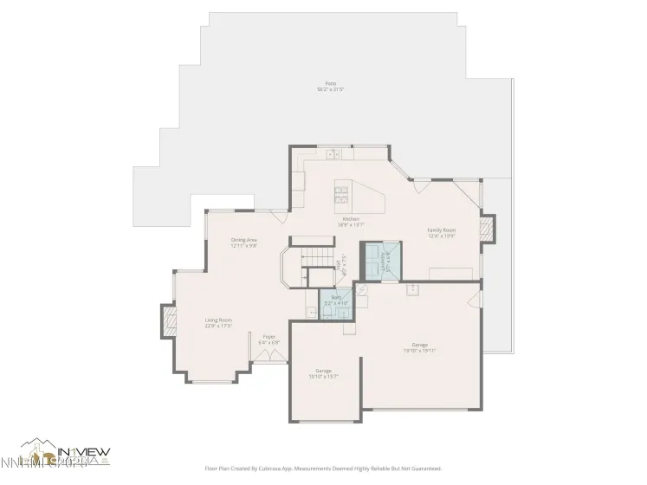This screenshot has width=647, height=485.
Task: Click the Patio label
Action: tap(330, 85)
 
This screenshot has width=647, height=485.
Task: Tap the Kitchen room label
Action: tap(351, 219)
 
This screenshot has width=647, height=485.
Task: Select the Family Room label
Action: tap(441, 230)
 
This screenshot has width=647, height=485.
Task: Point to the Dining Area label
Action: tap(243, 240)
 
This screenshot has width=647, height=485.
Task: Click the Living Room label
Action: tap(218, 320)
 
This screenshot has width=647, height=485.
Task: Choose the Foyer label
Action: tap(269, 336)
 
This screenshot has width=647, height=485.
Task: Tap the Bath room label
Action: tap(334, 297)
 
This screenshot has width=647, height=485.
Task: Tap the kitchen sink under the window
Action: tap(333, 154)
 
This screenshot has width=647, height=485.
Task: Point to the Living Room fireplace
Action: tap(166, 320)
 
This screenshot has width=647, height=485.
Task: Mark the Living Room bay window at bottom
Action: tap(213, 378)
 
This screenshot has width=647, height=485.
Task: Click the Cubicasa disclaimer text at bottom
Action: tap(323, 468)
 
